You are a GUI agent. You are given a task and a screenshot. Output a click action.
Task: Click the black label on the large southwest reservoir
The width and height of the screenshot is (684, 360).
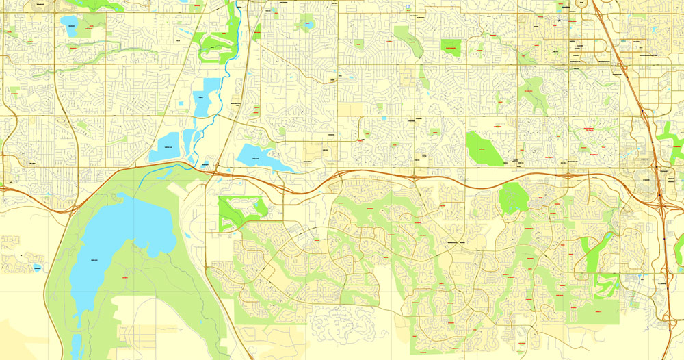(94, 257)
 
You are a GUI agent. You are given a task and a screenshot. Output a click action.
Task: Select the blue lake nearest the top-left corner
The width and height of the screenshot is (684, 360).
(70, 25)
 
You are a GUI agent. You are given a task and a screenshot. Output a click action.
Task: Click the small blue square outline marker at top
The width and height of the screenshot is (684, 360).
(408, 6)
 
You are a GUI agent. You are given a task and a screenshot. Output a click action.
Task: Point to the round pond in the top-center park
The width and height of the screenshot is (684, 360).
(307, 25)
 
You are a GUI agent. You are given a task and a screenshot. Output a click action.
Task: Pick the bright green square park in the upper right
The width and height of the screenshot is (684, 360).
(451, 47)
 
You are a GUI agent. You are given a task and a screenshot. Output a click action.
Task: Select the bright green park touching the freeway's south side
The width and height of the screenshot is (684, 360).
(512, 198)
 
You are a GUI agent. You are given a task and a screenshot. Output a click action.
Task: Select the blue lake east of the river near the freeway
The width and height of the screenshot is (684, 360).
(260, 157)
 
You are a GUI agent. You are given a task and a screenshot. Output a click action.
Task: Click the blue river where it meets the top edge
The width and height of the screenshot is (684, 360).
(237, 3)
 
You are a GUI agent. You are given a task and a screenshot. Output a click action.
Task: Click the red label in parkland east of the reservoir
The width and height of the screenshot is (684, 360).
(125, 278)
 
